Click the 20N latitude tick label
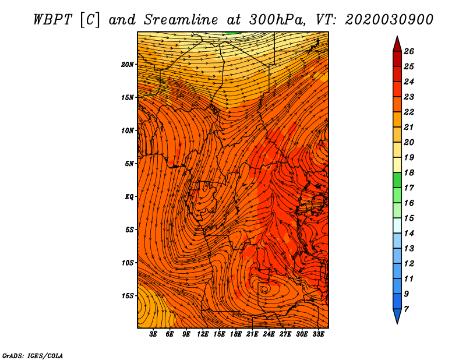tap(127, 64)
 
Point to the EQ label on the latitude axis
tap(129, 196)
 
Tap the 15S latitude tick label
tap(128, 296)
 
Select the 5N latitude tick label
tap(129, 164)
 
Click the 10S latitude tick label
tap(128, 263)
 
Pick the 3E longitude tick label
tap(153, 334)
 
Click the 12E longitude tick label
tap(202, 334)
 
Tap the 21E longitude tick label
tap(252, 334)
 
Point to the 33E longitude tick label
tap(318, 334)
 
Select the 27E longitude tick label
tap(285, 334)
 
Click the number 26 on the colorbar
tap(409, 51)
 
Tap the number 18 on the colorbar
tap(409, 172)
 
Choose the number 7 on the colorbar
tap(407, 309)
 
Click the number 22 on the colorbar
tap(409, 112)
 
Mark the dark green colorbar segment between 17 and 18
tap(397, 180)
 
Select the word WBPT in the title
tap(52, 20)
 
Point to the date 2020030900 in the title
tap(389, 20)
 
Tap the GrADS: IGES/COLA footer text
tap(33, 356)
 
